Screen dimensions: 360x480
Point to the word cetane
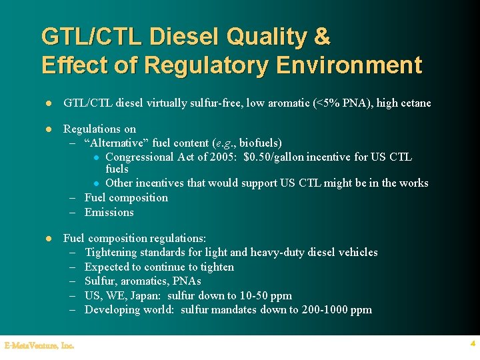[x=414, y=103]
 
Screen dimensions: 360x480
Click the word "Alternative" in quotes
[x=113, y=143]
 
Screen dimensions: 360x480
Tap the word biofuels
[x=261, y=143]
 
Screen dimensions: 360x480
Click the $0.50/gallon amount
[x=279, y=157]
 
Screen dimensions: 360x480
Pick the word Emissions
[x=109, y=213]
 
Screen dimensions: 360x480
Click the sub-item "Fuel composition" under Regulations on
[x=126, y=198]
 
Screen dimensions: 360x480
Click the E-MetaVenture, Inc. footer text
[x=39, y=345]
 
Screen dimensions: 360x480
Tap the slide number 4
[x=472, y=344]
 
